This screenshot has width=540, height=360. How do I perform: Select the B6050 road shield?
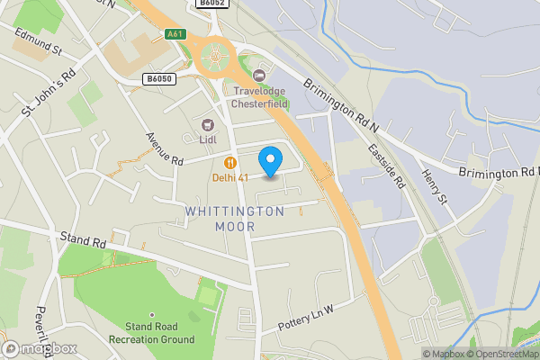[158, 79]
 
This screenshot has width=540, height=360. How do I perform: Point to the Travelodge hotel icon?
[260, 76]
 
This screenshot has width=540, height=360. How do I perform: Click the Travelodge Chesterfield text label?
[267, 97]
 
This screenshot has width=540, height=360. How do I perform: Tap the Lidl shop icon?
[208, 124]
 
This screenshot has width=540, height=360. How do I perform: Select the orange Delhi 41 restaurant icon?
[230, 162]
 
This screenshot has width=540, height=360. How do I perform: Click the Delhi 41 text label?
[230, 177]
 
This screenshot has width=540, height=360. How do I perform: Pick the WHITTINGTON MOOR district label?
[235, 219]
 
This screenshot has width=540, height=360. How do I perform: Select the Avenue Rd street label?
[165, 149]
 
